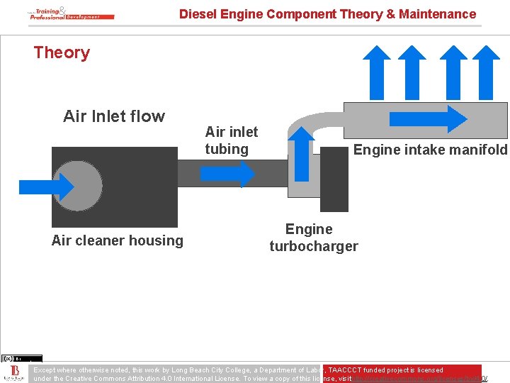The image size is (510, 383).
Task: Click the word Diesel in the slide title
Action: [x=196, y=13]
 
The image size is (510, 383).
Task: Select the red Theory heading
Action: [x=62, y=52]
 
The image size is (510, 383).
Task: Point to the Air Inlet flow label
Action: [x=113, y=116]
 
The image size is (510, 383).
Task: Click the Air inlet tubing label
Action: [x=231, y=140]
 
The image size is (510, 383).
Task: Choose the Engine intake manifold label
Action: [x=430, y=150]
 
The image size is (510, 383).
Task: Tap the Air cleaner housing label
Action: [x=117, y=240]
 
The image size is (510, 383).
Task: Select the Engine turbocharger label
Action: [x=313, y=238]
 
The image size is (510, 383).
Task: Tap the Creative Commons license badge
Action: [x=22, y=358]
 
